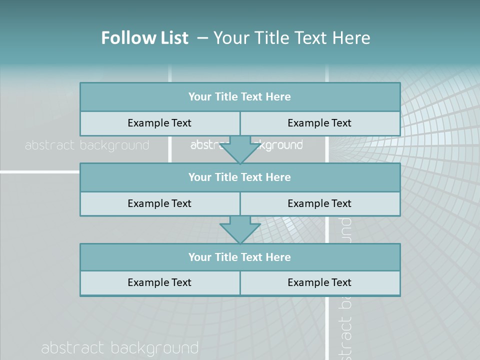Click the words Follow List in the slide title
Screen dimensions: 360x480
coord(144,38)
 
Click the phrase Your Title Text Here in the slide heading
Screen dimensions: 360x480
coord(291,38)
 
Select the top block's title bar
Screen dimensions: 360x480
coord(240,97)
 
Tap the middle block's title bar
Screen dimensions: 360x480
coord(240,177)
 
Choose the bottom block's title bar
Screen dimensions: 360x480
coord(240,257)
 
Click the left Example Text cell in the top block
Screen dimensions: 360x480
coord(159,123)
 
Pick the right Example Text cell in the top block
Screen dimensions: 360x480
coord(319,123)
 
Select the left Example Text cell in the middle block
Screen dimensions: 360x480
coord(159,203)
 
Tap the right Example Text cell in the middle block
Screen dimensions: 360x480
coord(319,203)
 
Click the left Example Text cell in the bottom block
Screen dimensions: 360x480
coord(159,282)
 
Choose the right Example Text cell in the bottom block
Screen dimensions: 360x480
coord(319,282)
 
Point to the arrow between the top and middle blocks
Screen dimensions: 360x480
coord(240,150)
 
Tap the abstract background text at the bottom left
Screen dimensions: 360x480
coord(120,348)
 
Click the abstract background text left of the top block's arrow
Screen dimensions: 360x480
coord(87,145)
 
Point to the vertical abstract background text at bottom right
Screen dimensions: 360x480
coord(345,320)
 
